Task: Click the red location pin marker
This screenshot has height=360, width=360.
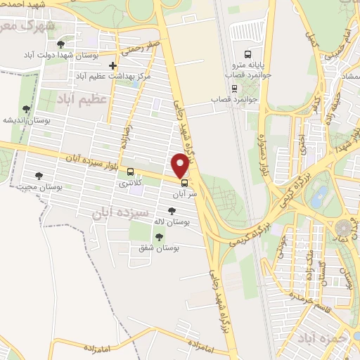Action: tap(181, 165)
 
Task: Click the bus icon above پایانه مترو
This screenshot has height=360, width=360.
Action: tap(247, 54)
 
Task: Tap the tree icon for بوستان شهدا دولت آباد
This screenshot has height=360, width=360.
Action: tap(60, 45)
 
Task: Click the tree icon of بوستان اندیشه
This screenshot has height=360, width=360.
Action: tap(26, 109)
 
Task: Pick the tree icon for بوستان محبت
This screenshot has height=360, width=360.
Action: tap(38, 176)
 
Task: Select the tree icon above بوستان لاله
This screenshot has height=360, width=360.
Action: tap(172, 210)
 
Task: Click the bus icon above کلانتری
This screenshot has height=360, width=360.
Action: tap(129, 172)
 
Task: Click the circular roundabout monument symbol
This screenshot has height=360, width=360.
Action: tap(345, 229)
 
